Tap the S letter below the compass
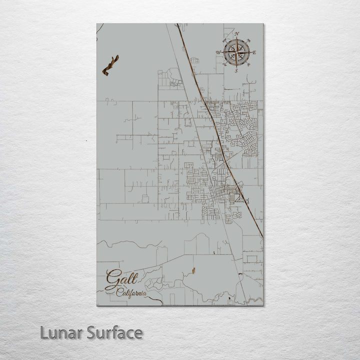click(x=236, y=71)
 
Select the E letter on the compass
click(x=254, y=52)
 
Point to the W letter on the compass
click(x=218, y=52)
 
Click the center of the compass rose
click(x=236, y=52)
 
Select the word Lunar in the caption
click(x=61, y=333)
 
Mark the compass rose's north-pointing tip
click(x=237, y=38)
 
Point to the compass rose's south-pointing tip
click(x=236, y=66)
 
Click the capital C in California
click(x=118, y=293)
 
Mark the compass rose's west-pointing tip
click(x=222, y=52)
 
